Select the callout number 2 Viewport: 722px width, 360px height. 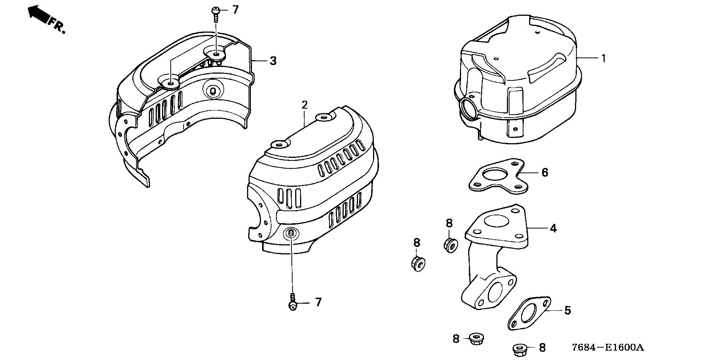[304, 105]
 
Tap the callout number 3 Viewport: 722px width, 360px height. [273, 61]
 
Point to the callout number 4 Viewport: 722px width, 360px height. [553, 228]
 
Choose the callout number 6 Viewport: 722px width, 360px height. [545, 172]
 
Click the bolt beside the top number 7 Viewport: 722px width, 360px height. [216, 13]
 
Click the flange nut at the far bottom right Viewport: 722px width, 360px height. [519, 349]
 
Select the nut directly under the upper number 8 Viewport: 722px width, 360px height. [450, 245]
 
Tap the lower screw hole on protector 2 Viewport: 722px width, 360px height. [291, 233]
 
